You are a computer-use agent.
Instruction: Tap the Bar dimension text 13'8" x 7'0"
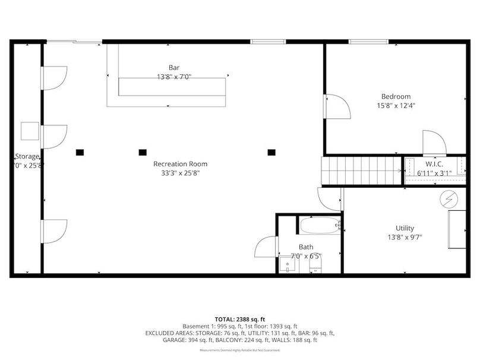click(174, 77)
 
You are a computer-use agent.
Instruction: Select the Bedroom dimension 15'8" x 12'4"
click(396, 106)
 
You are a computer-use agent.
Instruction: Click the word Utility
click(405, 228)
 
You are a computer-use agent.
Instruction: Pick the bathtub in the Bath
click(320, 225)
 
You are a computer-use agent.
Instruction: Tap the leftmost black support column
click(80, 151)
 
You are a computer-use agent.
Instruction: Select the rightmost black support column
click(271, 151)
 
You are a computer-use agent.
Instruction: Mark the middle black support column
click(143, 151)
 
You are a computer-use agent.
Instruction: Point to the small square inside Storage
click(30, 131)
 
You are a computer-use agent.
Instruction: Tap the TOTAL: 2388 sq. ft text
click(239, 319)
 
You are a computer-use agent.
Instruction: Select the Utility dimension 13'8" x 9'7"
click(405, 238)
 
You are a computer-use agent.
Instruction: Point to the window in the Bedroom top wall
click(368, 42)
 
